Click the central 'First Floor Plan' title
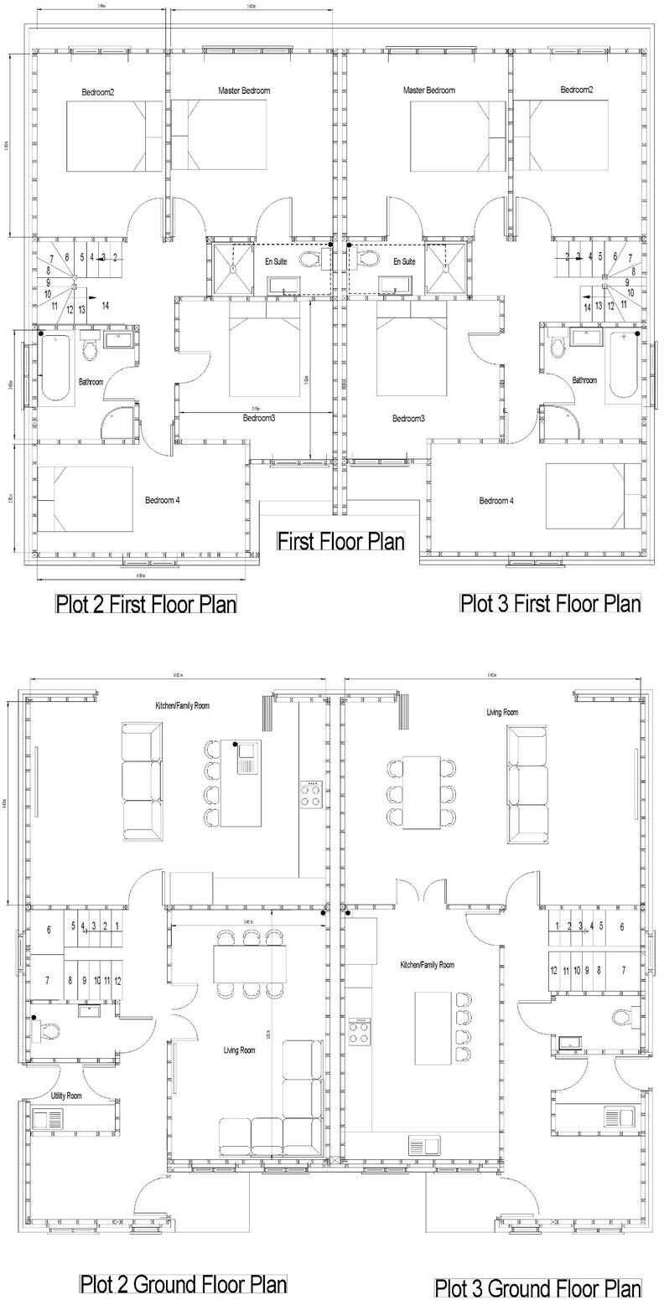(340, 541)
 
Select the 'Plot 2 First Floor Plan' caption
(146, 604)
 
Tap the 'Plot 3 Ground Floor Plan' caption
(537, 1287)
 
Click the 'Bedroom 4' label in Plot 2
(163, 500)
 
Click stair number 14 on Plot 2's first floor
(105, 306)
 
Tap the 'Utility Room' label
(63, 1096)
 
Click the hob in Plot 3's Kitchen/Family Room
(361, 1031)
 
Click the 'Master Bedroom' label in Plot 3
(428, 90)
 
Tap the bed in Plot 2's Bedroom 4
(86, 499)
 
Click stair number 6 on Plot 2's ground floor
(49, 930)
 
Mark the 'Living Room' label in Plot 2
(239, 1050)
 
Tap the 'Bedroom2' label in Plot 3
(577, 90)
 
